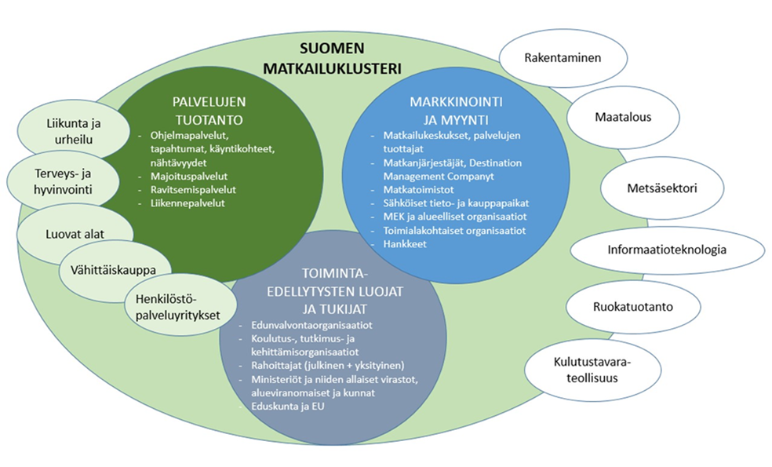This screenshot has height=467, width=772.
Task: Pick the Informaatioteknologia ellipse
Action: pos(667,250)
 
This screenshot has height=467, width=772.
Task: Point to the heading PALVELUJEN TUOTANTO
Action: pos(198,110)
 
